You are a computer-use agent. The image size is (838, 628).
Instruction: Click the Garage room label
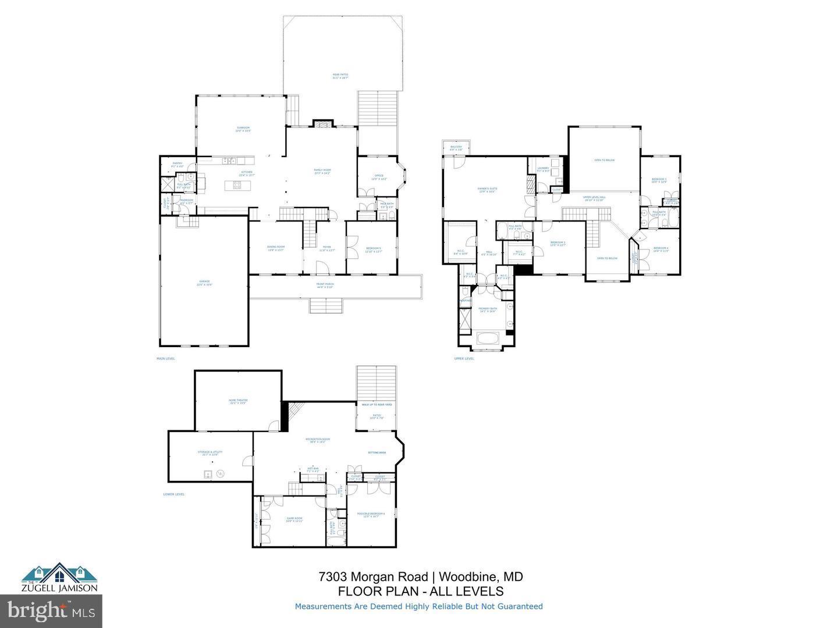204,283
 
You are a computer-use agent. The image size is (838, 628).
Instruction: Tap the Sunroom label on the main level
243,129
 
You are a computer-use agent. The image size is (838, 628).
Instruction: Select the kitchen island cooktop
237,185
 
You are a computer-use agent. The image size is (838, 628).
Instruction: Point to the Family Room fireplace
322,123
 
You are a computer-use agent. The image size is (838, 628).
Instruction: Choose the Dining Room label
275,249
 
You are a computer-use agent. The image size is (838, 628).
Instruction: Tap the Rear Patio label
340,76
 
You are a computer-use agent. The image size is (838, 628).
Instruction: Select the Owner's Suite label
487,190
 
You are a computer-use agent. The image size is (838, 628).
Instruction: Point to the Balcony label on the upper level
456,148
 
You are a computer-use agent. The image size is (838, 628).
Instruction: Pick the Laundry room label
543,169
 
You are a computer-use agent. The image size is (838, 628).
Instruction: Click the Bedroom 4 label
661,249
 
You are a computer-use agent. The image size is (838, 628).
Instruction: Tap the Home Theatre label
238,401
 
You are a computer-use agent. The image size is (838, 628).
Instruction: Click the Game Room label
294,519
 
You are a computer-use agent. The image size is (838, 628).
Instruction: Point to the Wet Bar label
313,469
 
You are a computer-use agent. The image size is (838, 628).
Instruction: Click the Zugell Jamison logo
60,578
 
